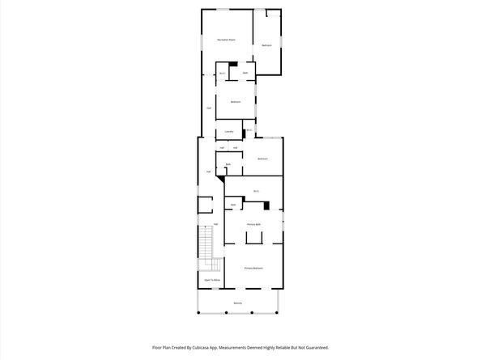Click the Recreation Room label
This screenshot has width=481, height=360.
[x=226, y=40]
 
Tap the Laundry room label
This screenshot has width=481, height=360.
[x=230, y=131]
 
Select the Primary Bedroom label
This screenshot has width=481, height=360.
[x=253, y=268]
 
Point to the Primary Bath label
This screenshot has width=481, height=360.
[x=253, y=223]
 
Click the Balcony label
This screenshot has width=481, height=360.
[x=238, y=303]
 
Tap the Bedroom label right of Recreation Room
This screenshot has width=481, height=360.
[x=266, y=45]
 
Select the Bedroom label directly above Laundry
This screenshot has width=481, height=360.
[x=236, y=101]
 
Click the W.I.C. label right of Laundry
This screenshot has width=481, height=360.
[x=249, y=129]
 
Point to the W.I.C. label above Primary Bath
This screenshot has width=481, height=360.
[x=256, y=191]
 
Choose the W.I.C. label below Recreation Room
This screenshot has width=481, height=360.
[x=222, y=74]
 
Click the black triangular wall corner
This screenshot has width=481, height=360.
[x=221, y=182]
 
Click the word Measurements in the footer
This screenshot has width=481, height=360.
[x=252, y=346]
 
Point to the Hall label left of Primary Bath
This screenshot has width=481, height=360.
[x=215, y=224]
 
